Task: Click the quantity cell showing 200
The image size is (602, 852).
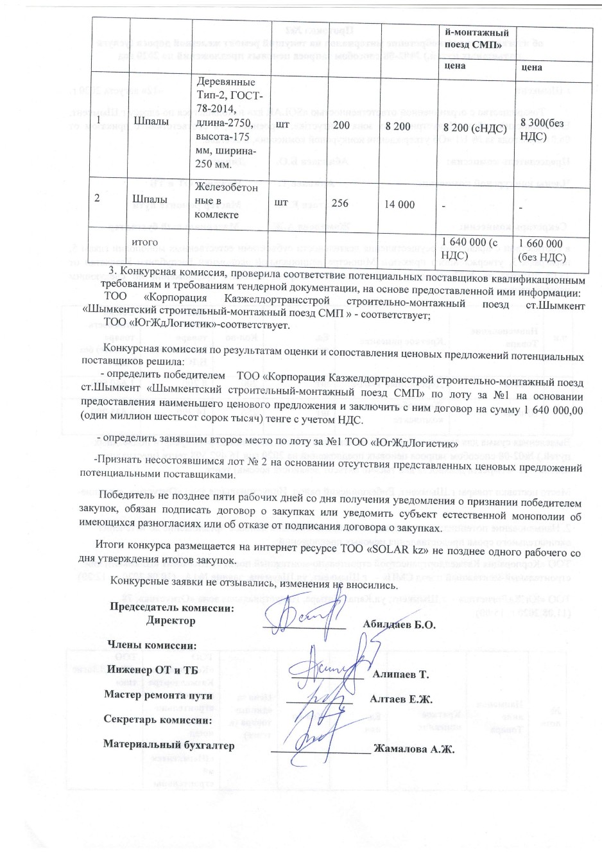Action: [x=341, y=126]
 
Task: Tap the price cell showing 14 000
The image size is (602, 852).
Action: [x=399, y=204]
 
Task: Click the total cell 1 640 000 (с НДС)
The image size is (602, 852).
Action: [x=468, y=249]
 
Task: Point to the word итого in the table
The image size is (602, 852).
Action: [x=144, y=242]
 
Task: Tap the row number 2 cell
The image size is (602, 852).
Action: [x=97, y=198]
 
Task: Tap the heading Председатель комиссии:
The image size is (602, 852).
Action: [x=172, y=608]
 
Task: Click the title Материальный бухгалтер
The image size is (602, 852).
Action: [x=169, y=745]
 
